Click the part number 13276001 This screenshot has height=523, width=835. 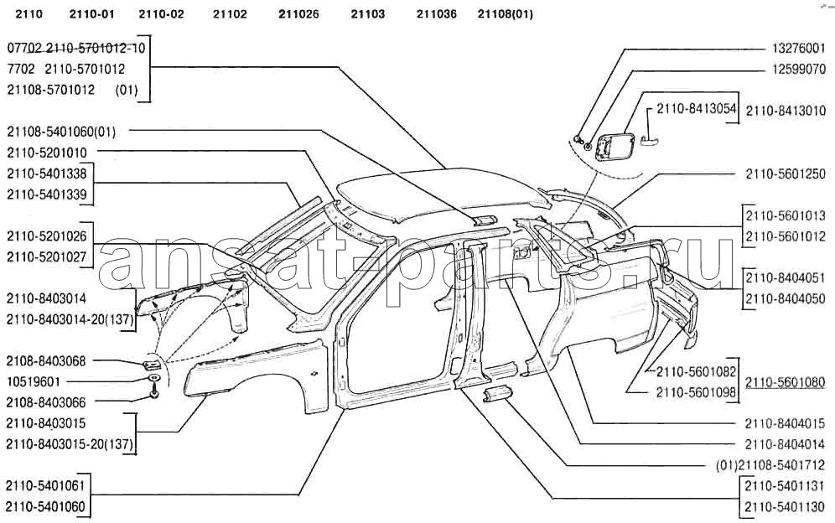point(799,49)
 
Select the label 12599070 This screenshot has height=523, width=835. point(799,70)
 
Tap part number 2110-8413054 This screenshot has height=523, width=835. point(697,109)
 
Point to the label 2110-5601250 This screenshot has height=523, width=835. point(786,174)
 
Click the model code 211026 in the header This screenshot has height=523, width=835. point(298,14)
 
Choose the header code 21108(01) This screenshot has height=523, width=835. point(506,14)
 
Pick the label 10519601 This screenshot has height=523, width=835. point(34,382)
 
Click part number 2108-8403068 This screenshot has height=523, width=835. point(46,361)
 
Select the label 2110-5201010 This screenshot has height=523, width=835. point(47,153)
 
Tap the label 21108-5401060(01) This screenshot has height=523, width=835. point(61,132)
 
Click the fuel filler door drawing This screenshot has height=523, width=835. point(615,146)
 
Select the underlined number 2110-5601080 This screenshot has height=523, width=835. point(785,382)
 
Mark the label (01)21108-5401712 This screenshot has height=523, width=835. point(770,465)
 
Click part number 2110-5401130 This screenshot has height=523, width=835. point(785,507)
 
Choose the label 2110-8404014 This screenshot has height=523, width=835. point(785,444)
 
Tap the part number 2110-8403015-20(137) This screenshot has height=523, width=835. point(70,444)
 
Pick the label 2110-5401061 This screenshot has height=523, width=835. point(45,486)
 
